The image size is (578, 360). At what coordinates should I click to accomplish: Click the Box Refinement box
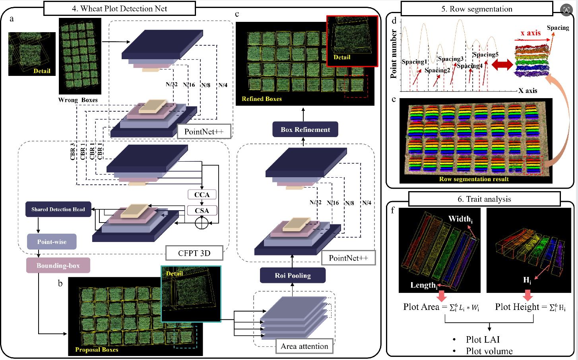click(305, 130)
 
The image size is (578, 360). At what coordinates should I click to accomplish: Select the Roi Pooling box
click(293, 275)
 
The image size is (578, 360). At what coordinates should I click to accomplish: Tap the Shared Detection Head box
click(58, 209)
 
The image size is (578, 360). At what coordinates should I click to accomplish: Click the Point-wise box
click(52, 242)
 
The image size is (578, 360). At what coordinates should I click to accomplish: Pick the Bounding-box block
click(58, 265)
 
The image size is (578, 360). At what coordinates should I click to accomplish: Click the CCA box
click(202, 195)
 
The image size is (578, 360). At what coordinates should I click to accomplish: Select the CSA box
click(202, 211)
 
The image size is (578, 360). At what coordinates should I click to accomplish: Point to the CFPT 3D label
click(194, 253)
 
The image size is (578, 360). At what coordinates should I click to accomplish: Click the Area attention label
click(305, 346)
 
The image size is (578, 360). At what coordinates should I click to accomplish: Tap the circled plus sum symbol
click(202, 223)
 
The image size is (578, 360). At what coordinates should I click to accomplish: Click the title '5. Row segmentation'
click(477, 9)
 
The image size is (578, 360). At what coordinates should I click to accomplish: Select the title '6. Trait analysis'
click(484, 199)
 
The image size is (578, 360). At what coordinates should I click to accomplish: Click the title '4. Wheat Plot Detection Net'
click(119, 8)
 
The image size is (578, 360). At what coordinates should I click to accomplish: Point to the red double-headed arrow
click(502, 65)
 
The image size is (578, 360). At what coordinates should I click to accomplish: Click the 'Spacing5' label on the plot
click(485, 54)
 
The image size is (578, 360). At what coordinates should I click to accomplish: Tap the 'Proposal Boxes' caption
click(97, 350)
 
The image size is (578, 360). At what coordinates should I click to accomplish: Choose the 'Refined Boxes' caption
click(262, 99)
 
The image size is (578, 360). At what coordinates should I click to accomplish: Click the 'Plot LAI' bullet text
click(483, 339)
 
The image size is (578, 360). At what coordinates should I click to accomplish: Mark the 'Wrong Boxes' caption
click(78, 100)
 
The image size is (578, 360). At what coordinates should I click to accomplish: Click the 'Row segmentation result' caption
click(474, 179)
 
